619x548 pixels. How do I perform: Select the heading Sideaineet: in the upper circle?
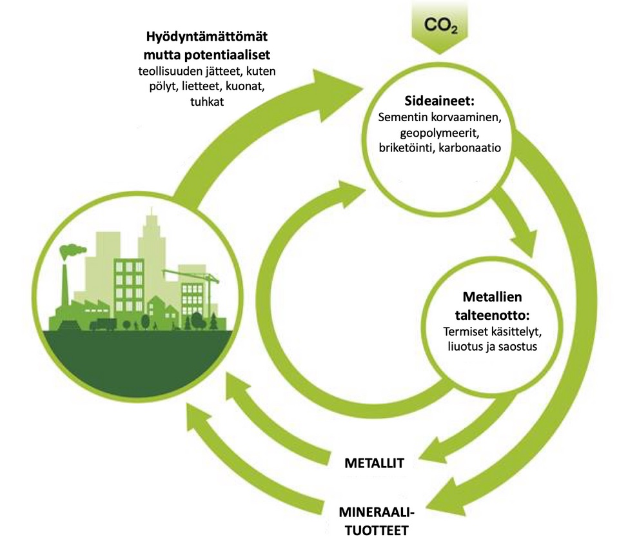point(441,102)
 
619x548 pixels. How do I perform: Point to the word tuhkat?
point(206,101)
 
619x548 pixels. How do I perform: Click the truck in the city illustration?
point(103,324)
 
